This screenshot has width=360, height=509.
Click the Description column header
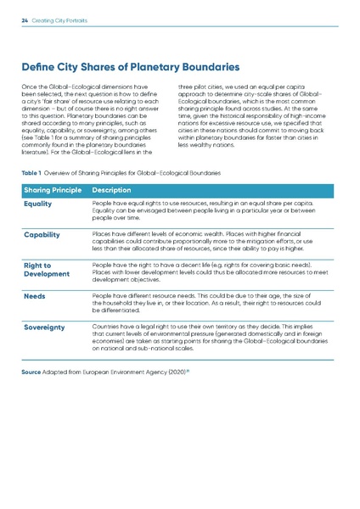click(115, 188)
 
